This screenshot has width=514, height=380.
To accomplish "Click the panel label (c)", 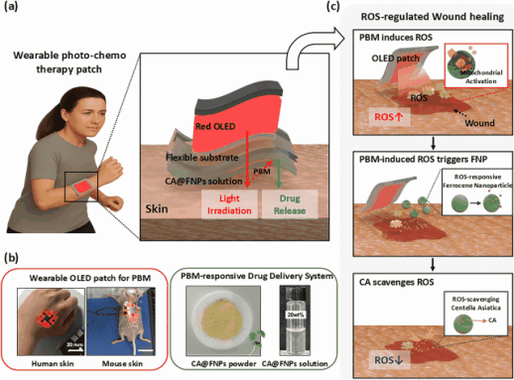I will (x=341, y=9).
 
